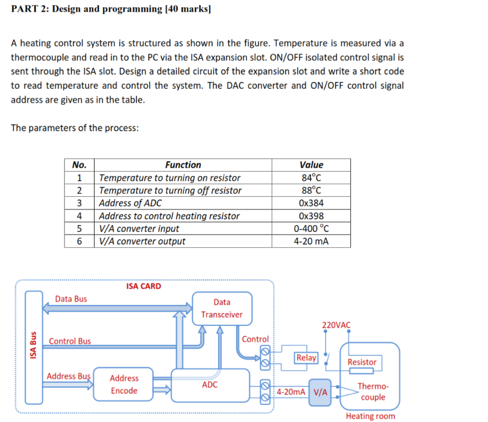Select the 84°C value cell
point(311,178)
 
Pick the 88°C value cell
point(311,191)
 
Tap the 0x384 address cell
point(311,203)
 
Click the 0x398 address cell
point(311,216)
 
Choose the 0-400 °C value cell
point(311,228)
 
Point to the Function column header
point(183,165)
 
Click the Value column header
point(311,165)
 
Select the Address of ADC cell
point(131,203)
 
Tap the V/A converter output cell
point(142,241)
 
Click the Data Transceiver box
point(222,308)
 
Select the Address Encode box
point(124,384)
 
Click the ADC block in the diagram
point(210,385)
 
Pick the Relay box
point(306,358)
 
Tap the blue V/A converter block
point(320,392)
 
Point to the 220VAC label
point(336,325)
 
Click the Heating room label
point(370,416)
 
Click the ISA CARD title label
point(143,286)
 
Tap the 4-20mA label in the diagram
point(291,392)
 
